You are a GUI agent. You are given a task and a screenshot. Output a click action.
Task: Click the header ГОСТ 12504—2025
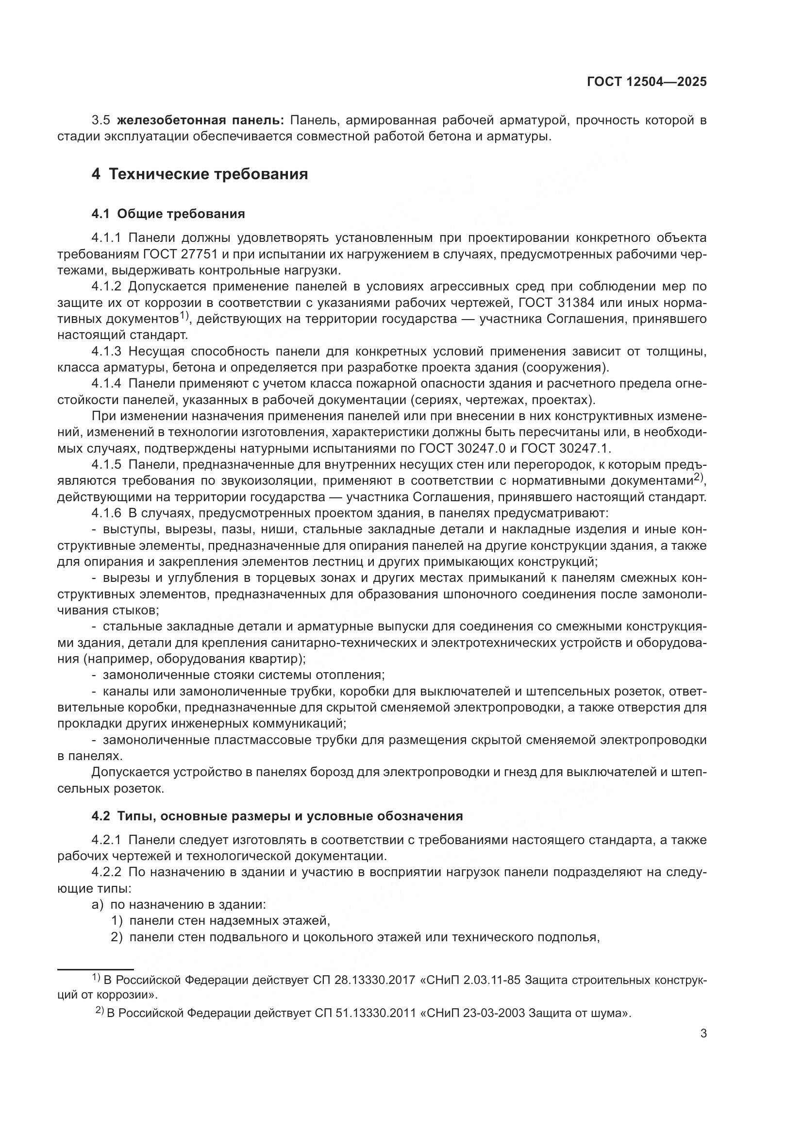point(646,82)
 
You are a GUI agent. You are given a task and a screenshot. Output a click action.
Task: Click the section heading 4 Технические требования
point(199,174)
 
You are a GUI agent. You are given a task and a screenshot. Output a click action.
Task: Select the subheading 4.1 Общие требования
point(168,214)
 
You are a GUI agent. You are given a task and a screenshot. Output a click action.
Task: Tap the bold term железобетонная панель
point(200,120)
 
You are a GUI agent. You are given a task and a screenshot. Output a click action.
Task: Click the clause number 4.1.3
point(106,351)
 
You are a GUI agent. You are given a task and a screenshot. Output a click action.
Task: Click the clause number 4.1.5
point(106,464)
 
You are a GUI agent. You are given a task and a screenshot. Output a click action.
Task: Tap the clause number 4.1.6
point(106,513)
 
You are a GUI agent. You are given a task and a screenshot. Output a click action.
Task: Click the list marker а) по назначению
point(98,904)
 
